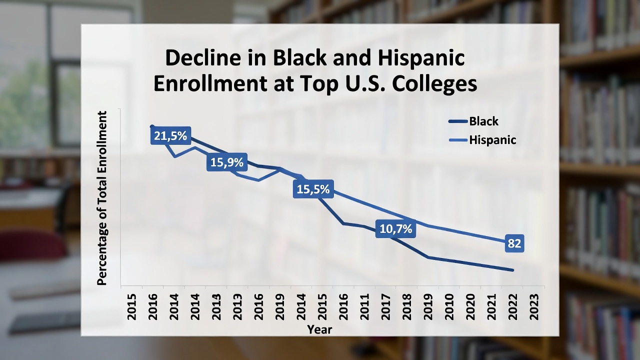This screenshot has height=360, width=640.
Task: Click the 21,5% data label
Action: [x=170, y=135]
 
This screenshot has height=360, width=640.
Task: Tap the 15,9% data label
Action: [x=226, y=162]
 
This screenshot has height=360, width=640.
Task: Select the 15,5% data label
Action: [x=313, y=189]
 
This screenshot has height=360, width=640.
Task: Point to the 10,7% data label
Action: [x=396, y=229]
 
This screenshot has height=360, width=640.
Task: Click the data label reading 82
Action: [x=514, y=243]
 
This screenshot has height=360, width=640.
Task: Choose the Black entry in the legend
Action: [x=483, y=121]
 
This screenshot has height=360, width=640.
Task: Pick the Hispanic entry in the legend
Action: [x=492, y=140]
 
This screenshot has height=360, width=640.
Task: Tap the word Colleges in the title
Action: [x=434, y=84]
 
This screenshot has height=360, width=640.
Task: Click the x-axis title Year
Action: [x=319, y=329]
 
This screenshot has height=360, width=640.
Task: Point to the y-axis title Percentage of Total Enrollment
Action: [x=102, y=198]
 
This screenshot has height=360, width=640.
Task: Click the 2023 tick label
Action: [x=533, y=305]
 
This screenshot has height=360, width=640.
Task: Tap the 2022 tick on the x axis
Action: [x=512, y=305]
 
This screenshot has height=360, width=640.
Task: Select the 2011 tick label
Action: [x=364, y=305]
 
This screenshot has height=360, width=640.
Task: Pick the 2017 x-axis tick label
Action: [x=385, y=305]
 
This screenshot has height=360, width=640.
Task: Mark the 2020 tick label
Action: [x=470, y=305]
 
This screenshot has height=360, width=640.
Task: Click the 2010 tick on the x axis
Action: [x=449, y=305]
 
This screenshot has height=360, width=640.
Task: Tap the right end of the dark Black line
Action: [x=512, y=270]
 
